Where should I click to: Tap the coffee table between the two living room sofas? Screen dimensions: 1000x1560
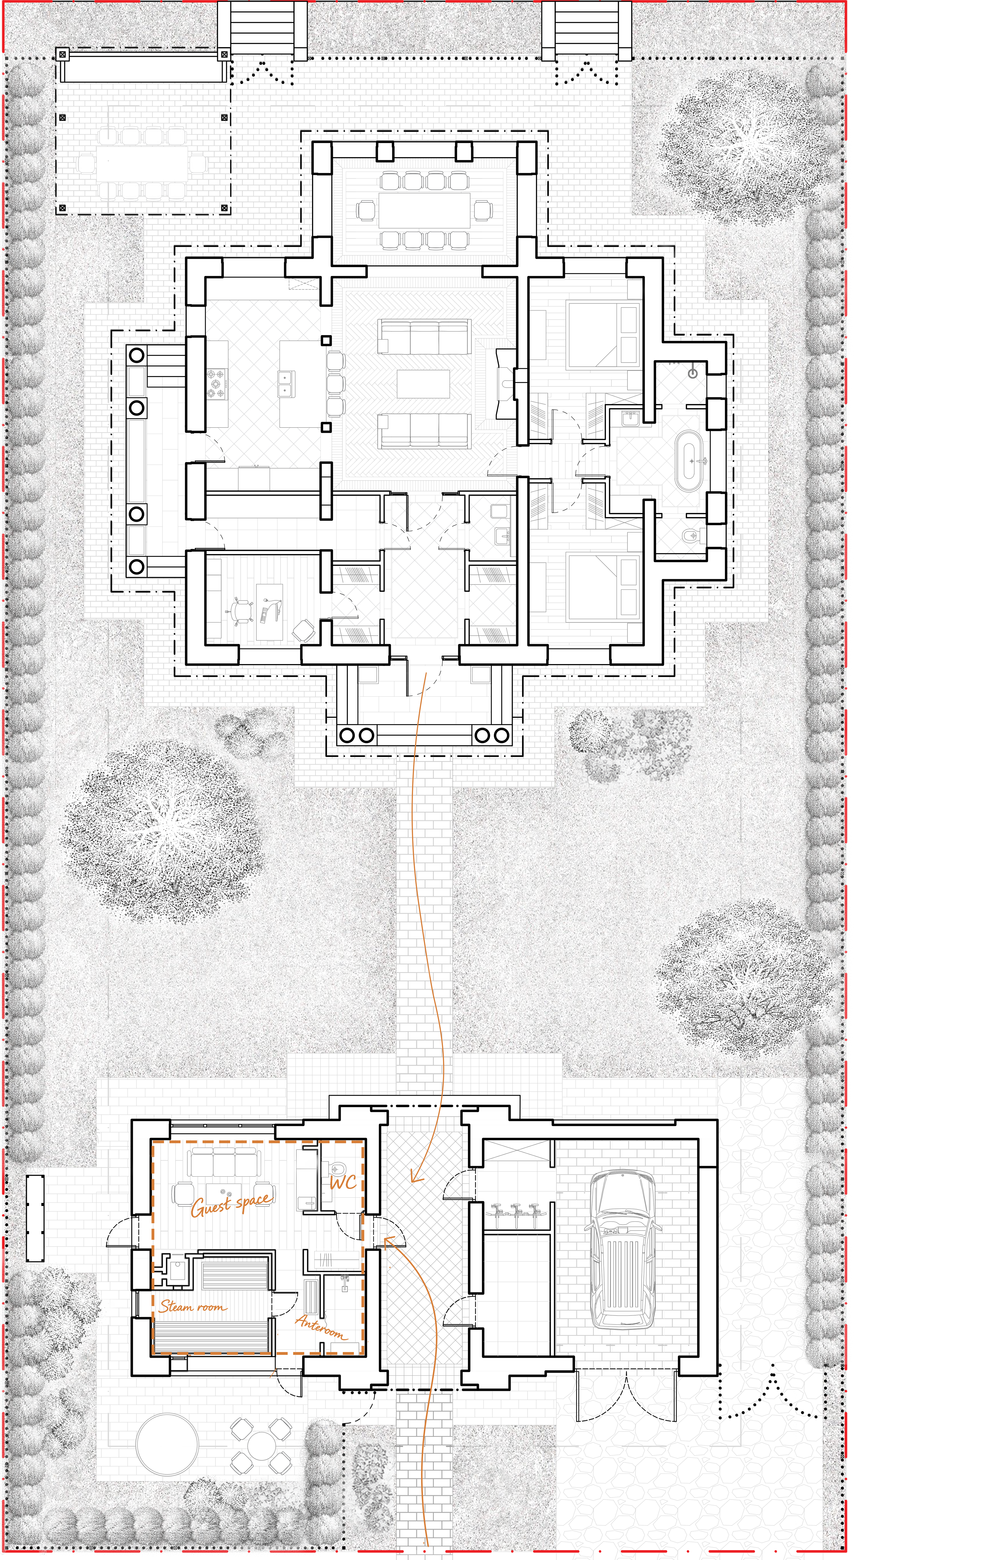pos(423,383)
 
